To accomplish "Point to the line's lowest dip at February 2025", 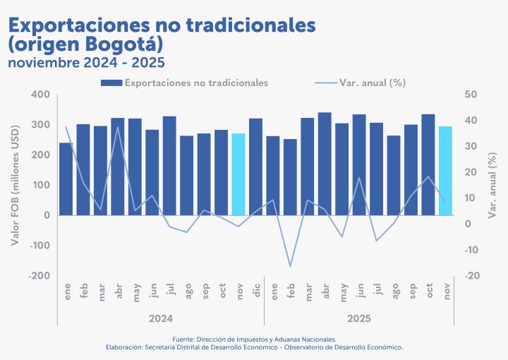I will pos(290,266).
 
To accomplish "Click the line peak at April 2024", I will pos(118,127).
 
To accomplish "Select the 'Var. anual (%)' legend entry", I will pos(372,83).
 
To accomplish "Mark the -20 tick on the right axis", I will pos(471,276).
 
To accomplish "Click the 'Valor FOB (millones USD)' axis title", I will pos(15,185).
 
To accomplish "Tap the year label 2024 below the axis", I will pos(161,319).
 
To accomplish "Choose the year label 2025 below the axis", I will pos(358,319).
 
